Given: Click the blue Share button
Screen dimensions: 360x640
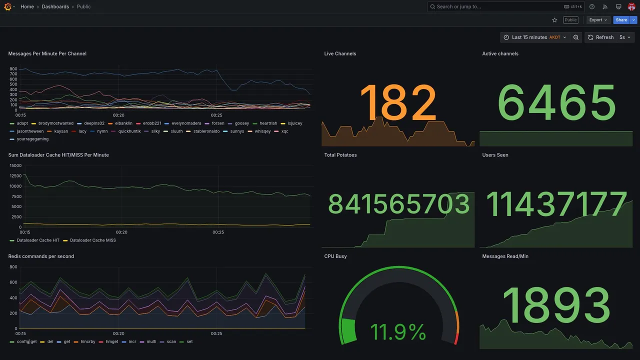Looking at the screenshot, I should click(x=621, y=20).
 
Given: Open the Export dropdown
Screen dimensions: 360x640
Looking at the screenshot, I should click(x=598, y=20).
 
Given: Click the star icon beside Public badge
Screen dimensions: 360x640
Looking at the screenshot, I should click(x=554, y=20).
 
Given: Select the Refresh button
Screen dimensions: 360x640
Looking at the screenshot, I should click(x=600, y=37).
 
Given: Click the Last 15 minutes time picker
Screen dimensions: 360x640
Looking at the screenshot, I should click(x=534, y=37).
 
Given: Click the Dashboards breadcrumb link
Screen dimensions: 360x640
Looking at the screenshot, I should click(x=55, y=6).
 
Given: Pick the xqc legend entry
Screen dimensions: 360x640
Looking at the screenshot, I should click(x=284, y=131).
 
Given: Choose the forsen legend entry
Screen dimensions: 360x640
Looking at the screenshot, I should click(x=218, y=123).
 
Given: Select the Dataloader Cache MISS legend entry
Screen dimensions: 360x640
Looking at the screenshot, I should click(x=92, y=240).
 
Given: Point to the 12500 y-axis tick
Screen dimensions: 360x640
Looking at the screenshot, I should click(x=15, y=176).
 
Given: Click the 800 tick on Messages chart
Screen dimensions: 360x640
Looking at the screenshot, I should click(x=13, y=69).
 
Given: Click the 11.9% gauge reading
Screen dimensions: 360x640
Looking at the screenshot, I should click(x=398, y=331).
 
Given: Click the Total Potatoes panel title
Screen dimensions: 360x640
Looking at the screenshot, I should click(x=340, y=155).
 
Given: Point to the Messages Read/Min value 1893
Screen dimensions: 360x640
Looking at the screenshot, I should click(x=556, y=305).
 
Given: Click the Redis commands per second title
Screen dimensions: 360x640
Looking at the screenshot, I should click(x=41, y=256).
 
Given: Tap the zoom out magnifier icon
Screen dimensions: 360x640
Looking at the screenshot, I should click(x=576, y=37).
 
